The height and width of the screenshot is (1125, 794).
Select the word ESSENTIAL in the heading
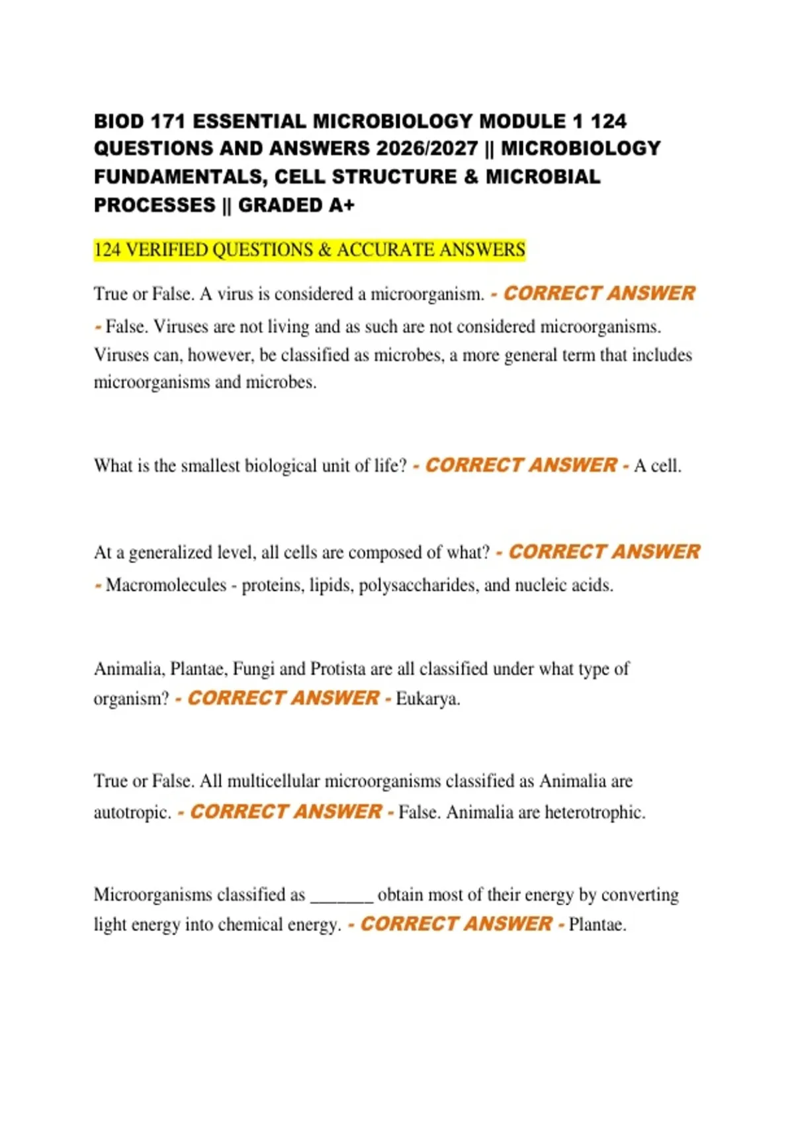pos(249,122)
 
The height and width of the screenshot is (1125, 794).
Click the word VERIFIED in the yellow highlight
pos(167,250)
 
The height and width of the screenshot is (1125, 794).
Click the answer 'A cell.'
pos(657,466)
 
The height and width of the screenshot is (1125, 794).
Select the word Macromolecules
pos(166,586)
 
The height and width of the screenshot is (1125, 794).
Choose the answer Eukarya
pos(427,699)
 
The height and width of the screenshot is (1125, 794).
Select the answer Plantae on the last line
pos(597,924)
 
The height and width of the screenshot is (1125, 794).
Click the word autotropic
pos(132,813)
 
